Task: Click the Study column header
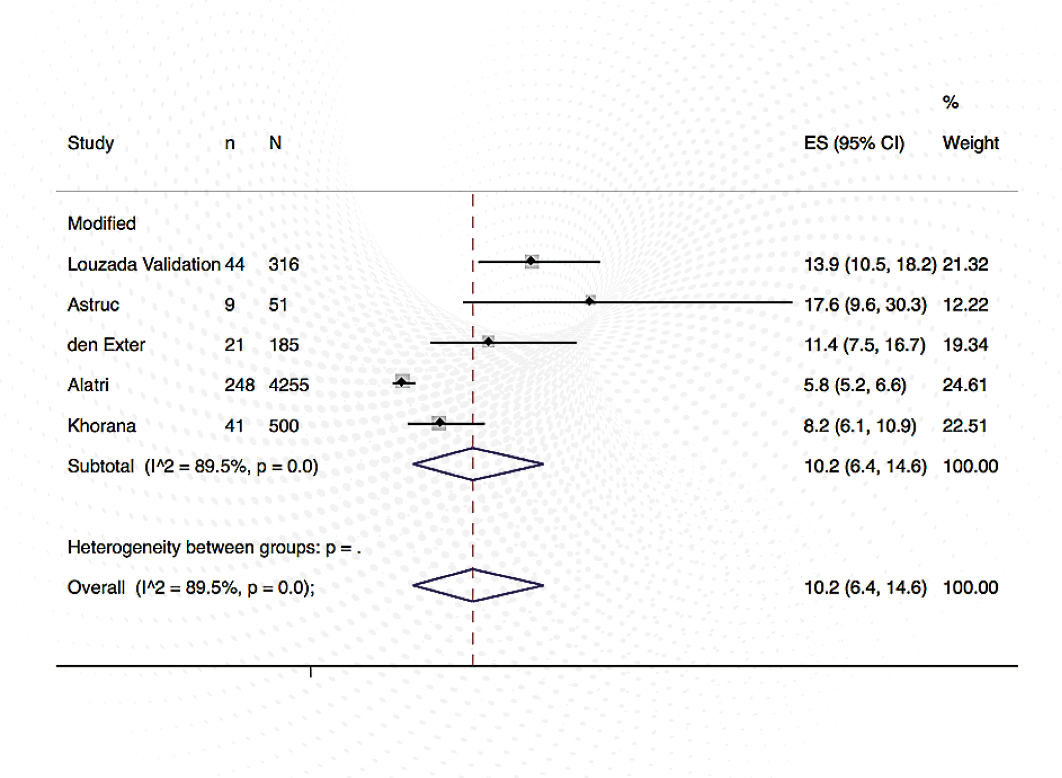click(x=91, y=143)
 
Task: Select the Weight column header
click(x=970, y=143)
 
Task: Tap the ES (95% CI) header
click(x=854, y=143)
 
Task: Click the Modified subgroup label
click(x=102, y=224)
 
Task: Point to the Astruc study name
click(x=93, y=305)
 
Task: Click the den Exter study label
click(x=106, y=345)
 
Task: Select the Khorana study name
click(x=102, y=426)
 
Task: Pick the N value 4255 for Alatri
click(x=288, y=385)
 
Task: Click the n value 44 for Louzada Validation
click(x=235, y=264)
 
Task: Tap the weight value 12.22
click(x=965, y=305)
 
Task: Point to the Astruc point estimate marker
click(x=590, y=301)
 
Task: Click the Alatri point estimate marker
click(x=402, y=382)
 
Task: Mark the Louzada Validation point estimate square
click(x=532, y=261)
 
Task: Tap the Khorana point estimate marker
click(x=439, y=423)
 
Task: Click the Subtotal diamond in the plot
click(x=478, y=464)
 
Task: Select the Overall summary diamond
click(x=478, y=585)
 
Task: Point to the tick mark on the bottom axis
click(x=311, y=672)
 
